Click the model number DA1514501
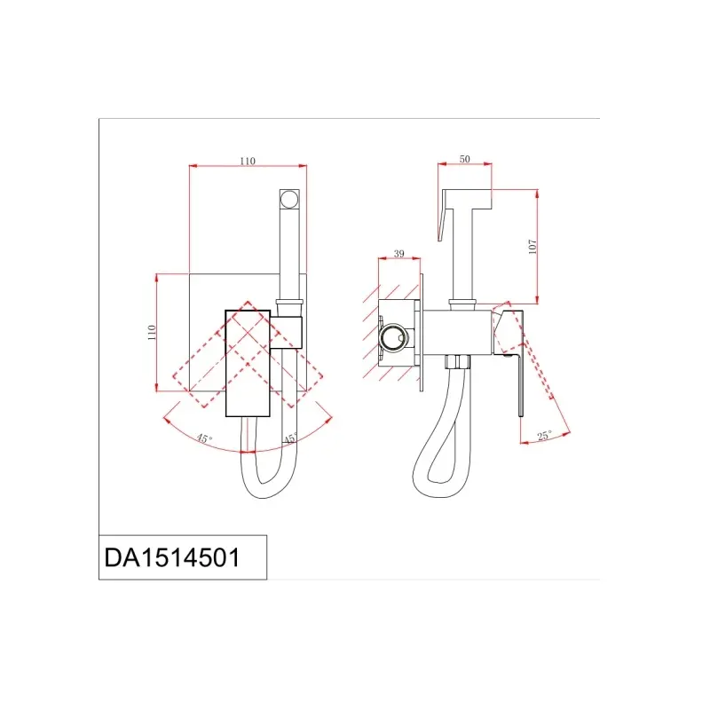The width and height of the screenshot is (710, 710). (x=171, y=557)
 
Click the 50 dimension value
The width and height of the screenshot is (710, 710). (x=464, y=159)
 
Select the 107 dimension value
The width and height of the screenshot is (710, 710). (x=532, y=247)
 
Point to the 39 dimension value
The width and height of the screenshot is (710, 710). (x=398, y=254)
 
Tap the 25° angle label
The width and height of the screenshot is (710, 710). (x=544, y=436)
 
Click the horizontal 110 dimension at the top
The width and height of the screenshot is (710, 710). (x=248, y=161)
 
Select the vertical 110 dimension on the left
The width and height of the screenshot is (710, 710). (x=152, y=332)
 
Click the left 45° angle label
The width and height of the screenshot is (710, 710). (x=204, y=438)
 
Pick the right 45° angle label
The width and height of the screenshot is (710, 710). (x=290, y=438)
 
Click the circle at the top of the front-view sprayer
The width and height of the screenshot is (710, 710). (x=289, y=199)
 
